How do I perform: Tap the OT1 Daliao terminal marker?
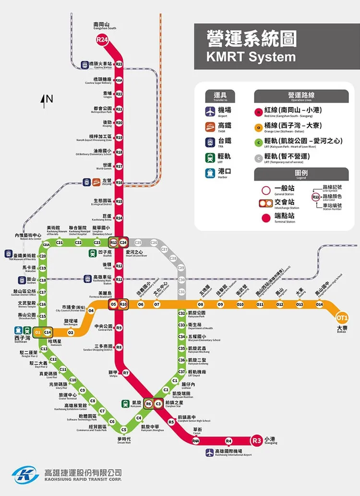tap(342, 318)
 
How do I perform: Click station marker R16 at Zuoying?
tap(119, 182)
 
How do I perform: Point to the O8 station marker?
tap(201, 304)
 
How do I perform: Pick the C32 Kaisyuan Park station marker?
tap(181, 313)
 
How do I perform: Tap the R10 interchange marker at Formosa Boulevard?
tap(123, 304)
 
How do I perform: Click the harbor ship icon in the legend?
tap(210, 174)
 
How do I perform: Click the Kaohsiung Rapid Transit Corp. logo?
tap(25, 475)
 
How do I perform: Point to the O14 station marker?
tap(319, 304)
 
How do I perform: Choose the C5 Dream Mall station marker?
tap(124, 429)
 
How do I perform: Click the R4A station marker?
tap(196, 440)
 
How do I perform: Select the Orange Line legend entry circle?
tap(259, 127)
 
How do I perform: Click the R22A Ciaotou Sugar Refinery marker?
tap(119, 80)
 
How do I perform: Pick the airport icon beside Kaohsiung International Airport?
tap(210, 452)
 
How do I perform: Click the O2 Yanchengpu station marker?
tap(71, 332)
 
